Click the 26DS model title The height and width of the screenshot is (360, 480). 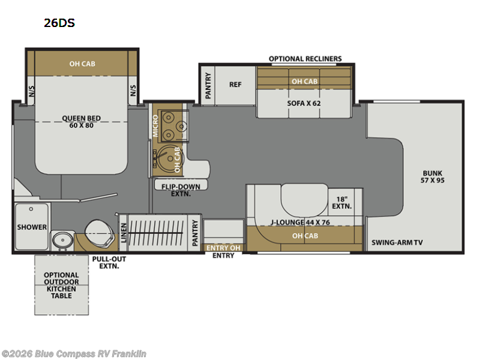[59, 23]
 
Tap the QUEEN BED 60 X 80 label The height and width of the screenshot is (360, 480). [81, 122]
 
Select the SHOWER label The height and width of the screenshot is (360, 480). [32, 227]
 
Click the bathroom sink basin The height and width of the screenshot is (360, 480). [63, 240]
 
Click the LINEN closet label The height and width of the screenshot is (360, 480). [124, 233]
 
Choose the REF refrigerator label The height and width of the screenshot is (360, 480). [235, 85]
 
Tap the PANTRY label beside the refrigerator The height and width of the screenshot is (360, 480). [208, 86]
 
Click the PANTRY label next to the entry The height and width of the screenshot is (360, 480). [194, 233]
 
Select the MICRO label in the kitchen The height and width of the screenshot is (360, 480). [155, 126]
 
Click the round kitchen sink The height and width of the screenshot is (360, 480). [170, 158]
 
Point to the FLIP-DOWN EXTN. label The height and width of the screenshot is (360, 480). [181, 190]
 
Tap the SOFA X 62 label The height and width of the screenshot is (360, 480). [304, 103]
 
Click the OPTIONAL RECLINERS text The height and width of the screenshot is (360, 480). [305, 59]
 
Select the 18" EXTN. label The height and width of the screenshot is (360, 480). [341, 203]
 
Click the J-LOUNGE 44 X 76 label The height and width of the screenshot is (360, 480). [300, 222]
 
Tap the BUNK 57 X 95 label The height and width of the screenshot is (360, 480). [432, 176]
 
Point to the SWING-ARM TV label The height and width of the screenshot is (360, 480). [397, 242]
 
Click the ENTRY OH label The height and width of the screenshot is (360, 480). [223, 248]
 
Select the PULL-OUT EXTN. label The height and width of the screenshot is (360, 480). [109, 262]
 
